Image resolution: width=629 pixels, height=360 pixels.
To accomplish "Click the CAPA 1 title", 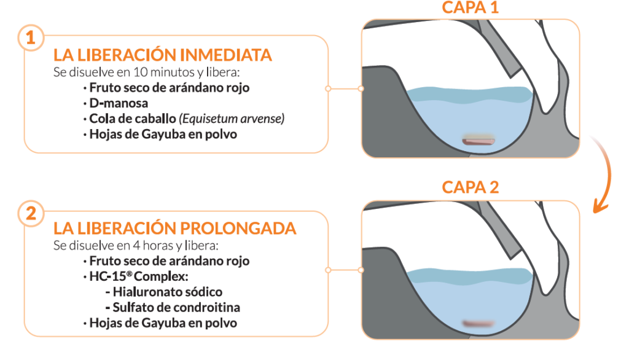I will tap(469, 9).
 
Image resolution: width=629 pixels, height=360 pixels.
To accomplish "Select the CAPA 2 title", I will tap(470, 187).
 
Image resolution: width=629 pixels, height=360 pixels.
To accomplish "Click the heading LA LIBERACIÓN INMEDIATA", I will tap(163, 55).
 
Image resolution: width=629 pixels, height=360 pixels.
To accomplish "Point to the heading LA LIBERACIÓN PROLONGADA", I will tap(175, 229).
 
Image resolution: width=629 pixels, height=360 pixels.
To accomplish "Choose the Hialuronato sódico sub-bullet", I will tap(166, 292).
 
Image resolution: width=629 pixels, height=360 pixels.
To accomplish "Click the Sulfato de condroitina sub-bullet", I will tap(175, 307).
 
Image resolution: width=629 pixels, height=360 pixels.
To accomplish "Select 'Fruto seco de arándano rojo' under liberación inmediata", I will tap(169, 87).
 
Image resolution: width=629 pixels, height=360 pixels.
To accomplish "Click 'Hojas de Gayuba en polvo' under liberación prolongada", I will tap(163, 323).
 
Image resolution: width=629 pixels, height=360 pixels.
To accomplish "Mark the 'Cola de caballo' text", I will tap(123, 119).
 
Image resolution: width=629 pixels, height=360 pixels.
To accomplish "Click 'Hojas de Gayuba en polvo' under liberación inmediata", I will tap(163, 134).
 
